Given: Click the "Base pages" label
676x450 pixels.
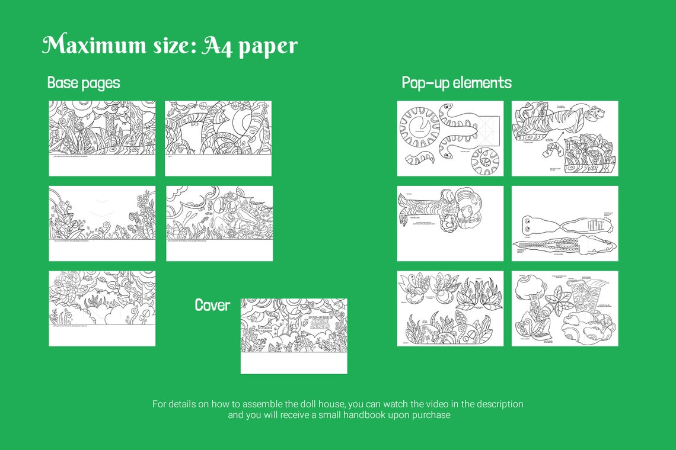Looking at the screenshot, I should point(84,83).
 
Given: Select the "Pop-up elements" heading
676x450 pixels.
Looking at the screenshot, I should point(457,83).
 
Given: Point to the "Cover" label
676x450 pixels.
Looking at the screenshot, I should point(212,305).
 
